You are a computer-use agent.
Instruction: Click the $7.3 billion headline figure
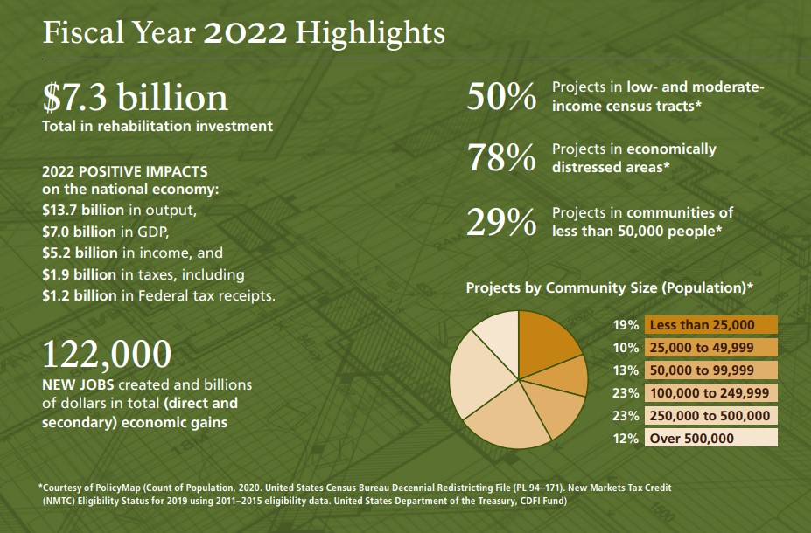(x=135, y=96)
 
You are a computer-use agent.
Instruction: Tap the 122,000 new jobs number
(x=107, y=354)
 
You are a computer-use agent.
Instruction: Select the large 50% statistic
(x=500, y=97)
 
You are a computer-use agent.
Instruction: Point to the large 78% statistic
(x=500, y=157)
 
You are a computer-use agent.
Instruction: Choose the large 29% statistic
(x=500, y=222)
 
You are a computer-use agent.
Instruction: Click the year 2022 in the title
(x=245, y=33)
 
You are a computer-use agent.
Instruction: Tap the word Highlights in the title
(x=370, y=33)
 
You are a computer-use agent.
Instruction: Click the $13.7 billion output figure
(x=83, y=211)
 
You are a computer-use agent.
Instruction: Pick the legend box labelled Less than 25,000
(x=710, y=325)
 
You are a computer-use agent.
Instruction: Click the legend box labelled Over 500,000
(x=710, y=439)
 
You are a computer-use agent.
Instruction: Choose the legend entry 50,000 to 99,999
(x=710, y=370)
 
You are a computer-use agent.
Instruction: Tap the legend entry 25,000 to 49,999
(x=710, y=348)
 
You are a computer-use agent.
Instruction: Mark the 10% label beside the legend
(x=626, y=348)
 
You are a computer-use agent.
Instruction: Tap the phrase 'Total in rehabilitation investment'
(x=157, y=126)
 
